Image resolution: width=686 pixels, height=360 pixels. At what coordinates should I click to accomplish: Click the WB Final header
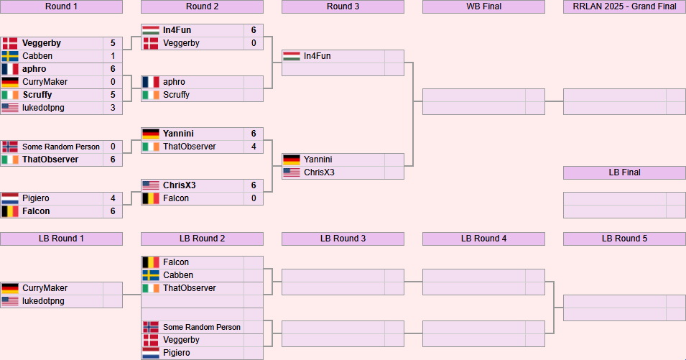(x=483, y=6)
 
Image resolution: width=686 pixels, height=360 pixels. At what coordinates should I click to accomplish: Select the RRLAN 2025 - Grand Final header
(x=624, y=6)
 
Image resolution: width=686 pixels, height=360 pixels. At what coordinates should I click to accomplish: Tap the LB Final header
(x=624, y=172)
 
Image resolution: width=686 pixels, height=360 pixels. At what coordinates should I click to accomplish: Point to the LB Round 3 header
(x=343, y=239)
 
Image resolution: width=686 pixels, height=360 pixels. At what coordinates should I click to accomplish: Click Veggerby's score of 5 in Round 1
(x=113, y=43)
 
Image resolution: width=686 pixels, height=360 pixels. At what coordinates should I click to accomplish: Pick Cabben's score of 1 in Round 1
(x=113, y=56)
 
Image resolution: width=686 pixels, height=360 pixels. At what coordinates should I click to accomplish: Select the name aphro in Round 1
(x=34, y=69)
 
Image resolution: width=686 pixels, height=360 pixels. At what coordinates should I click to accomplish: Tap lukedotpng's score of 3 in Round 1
(x=113, y=108)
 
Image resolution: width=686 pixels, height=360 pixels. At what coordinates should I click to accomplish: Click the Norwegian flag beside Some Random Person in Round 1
(x=10, y=147)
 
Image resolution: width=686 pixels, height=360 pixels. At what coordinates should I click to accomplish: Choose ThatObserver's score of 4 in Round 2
(x=254, y=147)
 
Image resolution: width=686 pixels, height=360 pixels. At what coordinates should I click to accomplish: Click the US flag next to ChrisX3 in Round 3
(x=292, y=172)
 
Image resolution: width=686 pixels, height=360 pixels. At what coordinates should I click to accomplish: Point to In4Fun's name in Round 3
(x=317, y=56)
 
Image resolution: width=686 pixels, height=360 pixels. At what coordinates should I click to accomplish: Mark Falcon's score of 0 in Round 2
(x=254, y=198)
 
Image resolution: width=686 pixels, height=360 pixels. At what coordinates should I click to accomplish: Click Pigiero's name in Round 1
(x=36, y=198)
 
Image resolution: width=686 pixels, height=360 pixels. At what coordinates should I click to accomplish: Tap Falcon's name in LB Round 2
(x=176, y=262)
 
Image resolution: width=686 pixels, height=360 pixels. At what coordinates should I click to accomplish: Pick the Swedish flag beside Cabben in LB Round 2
(x=151, y=275)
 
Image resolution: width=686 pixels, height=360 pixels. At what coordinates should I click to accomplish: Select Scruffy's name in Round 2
(x=177, y=95)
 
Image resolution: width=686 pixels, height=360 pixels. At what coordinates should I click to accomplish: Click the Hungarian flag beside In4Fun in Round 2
(x=151, y=30)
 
